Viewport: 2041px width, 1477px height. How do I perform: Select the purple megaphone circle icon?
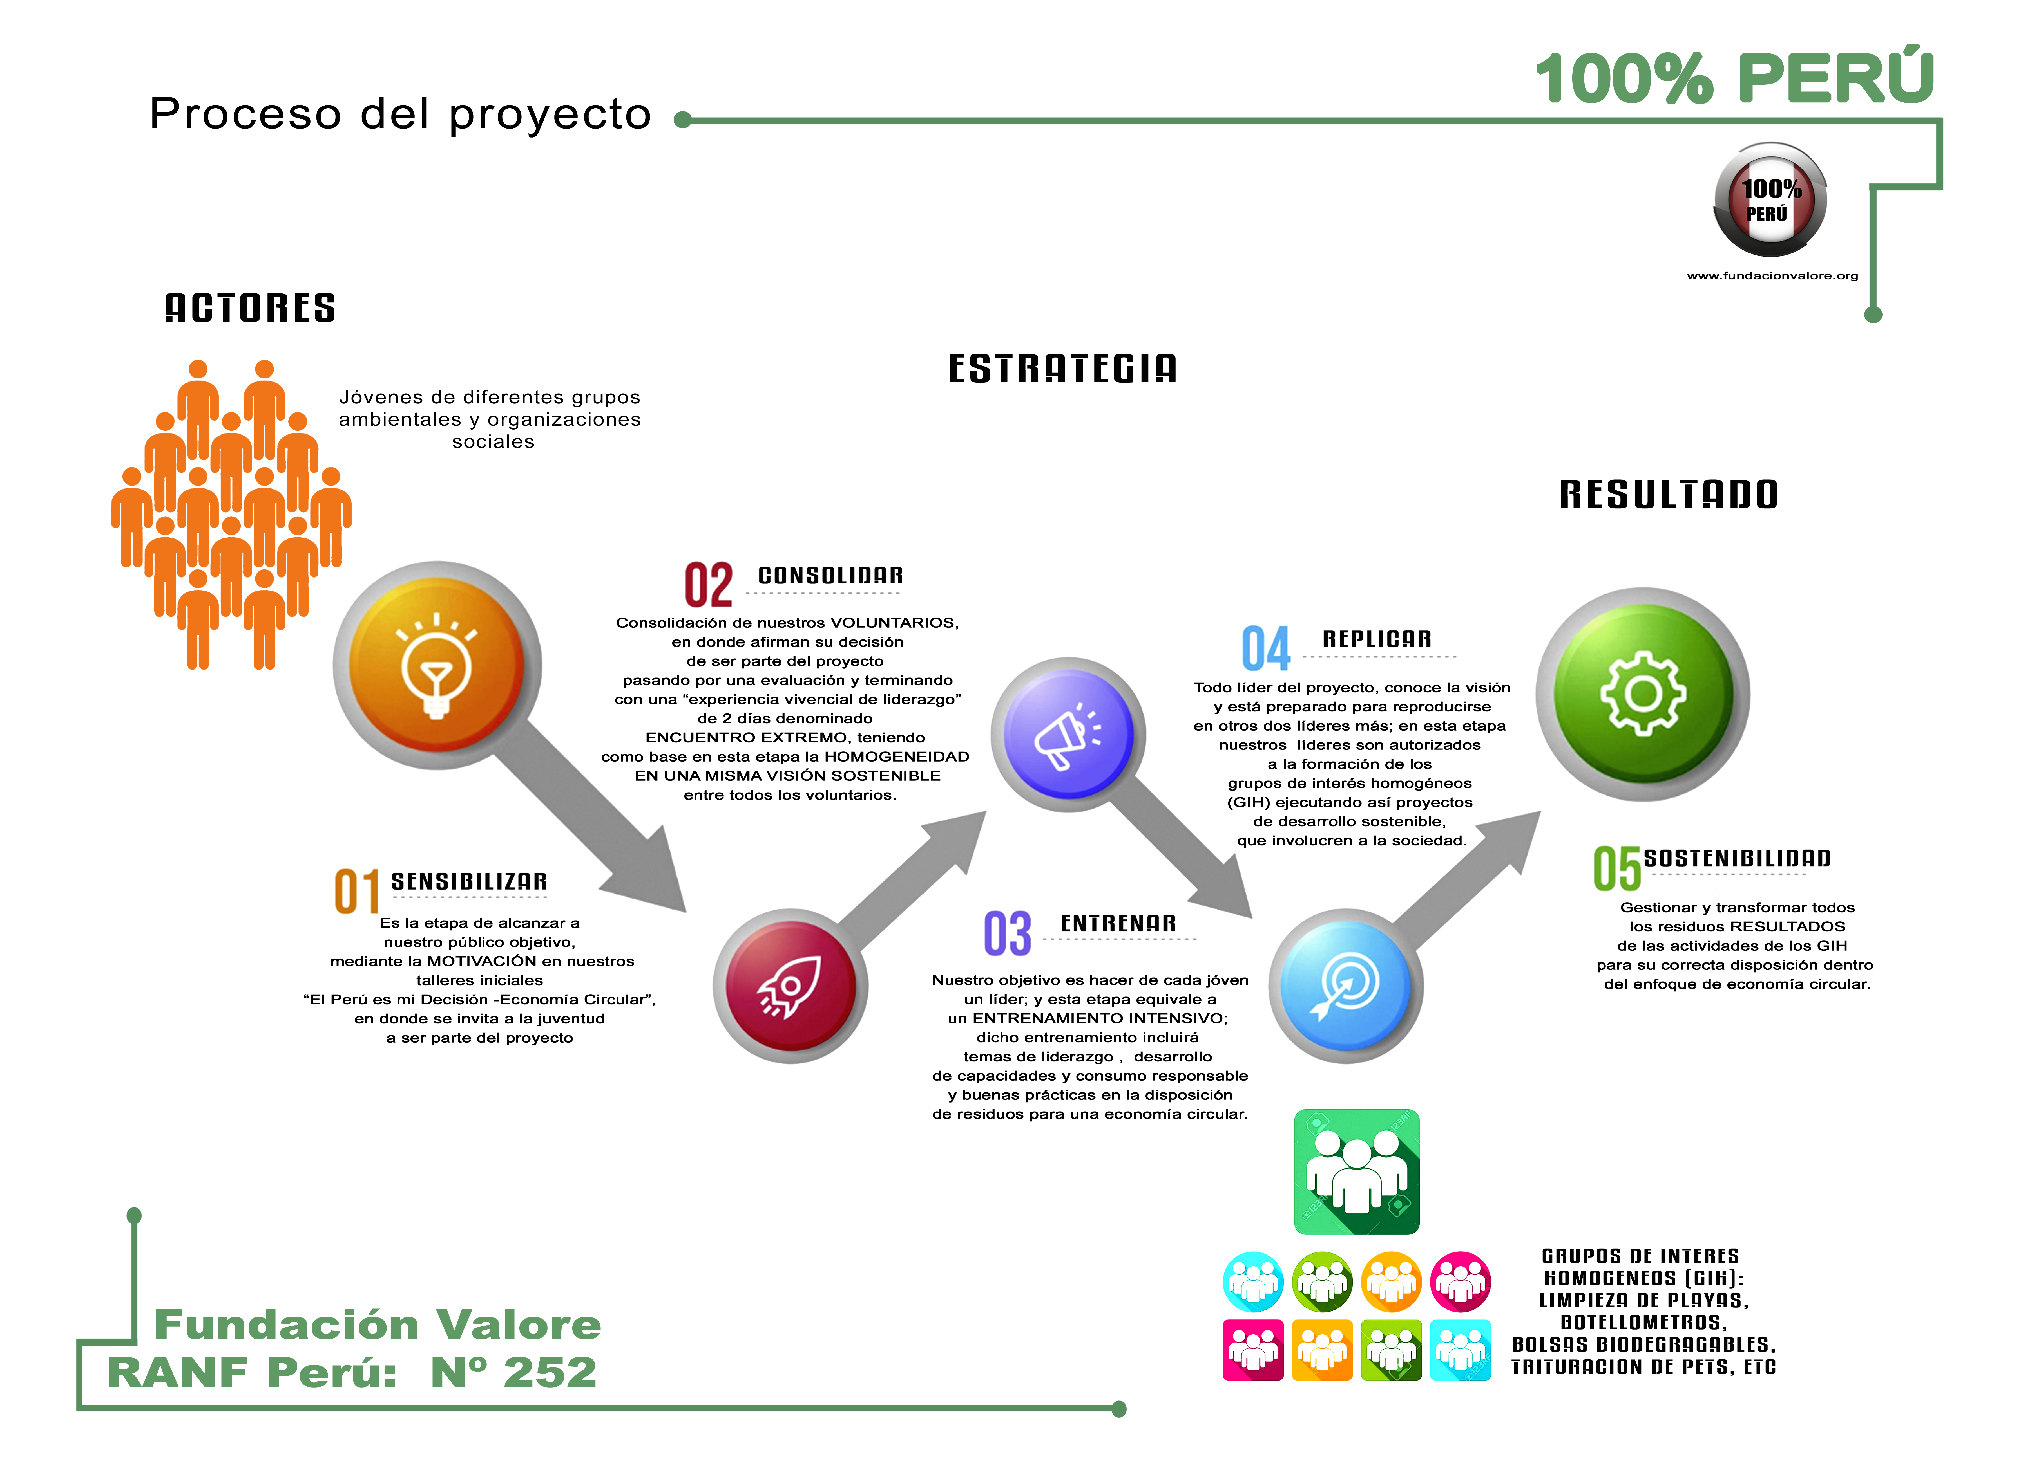[x=1068, y=734]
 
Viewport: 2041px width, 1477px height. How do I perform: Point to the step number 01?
[x=357, y=892]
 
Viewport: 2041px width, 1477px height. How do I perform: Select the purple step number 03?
[x=1007, y=934]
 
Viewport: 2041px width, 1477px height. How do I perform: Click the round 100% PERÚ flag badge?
[x=1770, y=201]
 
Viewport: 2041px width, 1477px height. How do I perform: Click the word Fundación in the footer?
[x=286, y=1324]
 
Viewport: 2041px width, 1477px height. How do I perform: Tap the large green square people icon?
[x=1356, y=1171]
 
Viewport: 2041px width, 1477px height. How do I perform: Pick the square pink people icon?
[x=1253, y=1349]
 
